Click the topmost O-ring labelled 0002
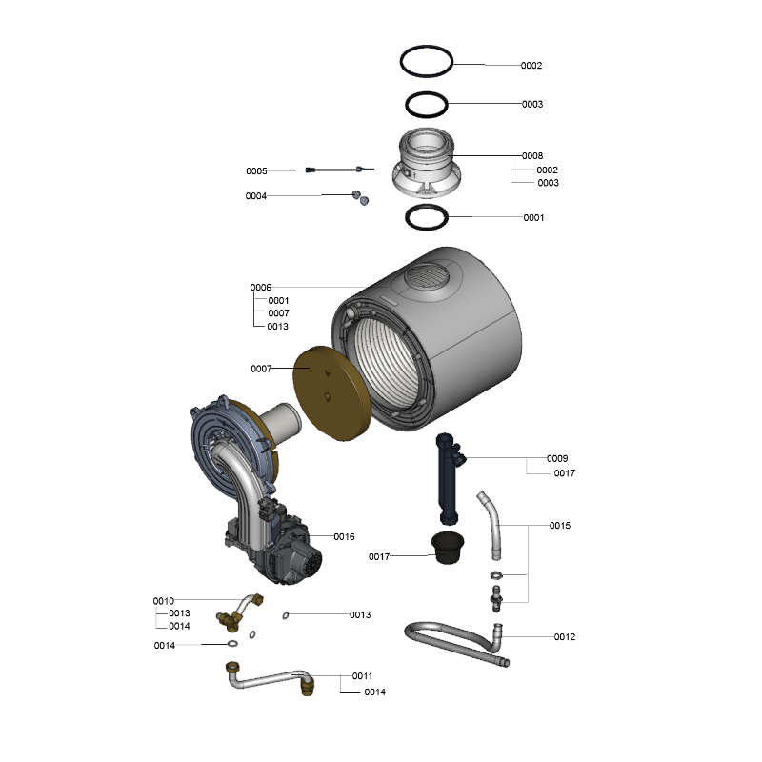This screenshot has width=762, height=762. tap(401, 62)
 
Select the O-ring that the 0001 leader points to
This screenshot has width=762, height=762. tap(407, 217)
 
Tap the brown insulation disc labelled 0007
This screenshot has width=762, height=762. tap(332, 393)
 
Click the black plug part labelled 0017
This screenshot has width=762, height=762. tap(448, 547)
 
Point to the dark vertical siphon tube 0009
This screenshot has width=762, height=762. tap(448, 479)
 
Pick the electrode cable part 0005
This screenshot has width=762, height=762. tap(340, 170)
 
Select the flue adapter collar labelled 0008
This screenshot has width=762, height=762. tap(427, 163)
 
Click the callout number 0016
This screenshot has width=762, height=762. tap(344, 536)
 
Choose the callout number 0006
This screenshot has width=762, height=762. tap(260, 288)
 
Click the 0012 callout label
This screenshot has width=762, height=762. tap(565, 636)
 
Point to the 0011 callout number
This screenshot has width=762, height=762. tap(362, 676)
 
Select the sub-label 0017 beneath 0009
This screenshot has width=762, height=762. tap(565, 472)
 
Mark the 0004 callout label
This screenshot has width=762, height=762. tap(256, 196)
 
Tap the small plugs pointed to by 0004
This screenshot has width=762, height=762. tap(361, 197)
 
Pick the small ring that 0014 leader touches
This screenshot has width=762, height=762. tap(232, 644)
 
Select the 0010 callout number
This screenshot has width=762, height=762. tap(163, 601)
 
